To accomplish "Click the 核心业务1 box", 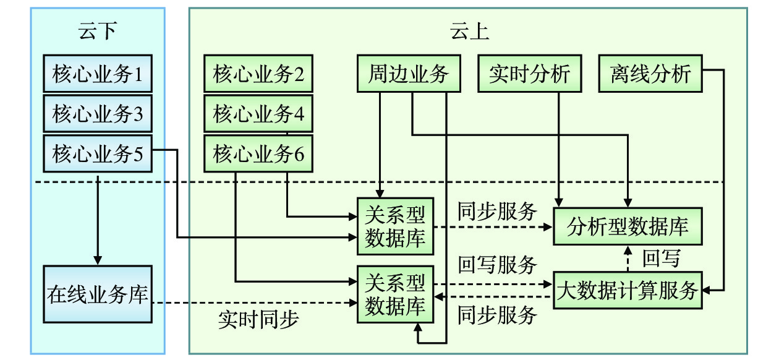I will (x=98, y=74).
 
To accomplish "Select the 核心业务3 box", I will (x=98, y=113).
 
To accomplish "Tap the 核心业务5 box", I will (x=98, y=153).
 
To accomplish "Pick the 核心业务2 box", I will (x=258, y=74).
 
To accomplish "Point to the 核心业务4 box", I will (x=258, y=113).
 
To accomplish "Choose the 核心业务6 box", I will (x=258, y=153).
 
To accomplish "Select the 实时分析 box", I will (x=530, y=74).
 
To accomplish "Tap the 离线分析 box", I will (x=650, y=74).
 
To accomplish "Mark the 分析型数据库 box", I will (x=628, y=226).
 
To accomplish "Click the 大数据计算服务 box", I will (x=628, y=289).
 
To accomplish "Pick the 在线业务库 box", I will (x=98, y=294).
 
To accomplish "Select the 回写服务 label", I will (x=497, y=265).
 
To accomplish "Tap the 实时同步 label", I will (x=258, y=319).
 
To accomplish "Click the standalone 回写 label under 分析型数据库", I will (x=661, y=257).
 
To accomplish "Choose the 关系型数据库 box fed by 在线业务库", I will (x=396, y=294).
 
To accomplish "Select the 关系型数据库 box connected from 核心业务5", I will (x=396, y=226).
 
